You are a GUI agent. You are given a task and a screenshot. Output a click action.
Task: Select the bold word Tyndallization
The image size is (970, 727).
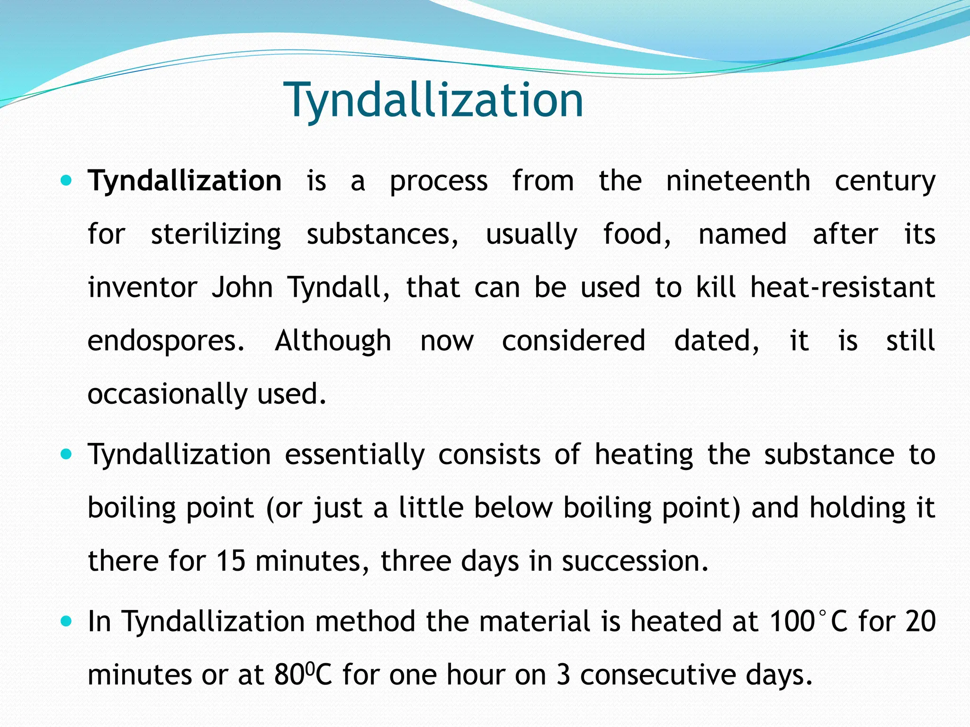pos(185,181)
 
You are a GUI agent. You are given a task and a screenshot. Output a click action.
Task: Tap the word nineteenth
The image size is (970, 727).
pos(738,181)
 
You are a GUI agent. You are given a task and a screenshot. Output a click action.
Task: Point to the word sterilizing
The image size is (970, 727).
pos(216,235)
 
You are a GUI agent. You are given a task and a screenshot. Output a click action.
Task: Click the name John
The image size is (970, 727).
pos(242,288)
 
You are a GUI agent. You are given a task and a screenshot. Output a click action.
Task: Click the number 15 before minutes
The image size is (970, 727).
pos(231,561)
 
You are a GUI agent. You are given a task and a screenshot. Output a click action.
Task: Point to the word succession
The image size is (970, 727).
pos(635,561)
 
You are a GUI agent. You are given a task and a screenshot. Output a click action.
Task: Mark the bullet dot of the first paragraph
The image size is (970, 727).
pos(66,180)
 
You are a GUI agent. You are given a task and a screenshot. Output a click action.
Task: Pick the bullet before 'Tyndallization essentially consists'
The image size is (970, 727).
pos(66,454)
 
